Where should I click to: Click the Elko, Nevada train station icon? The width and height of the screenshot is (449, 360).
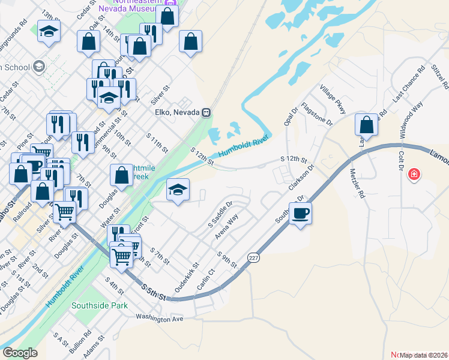[x=206, y=112]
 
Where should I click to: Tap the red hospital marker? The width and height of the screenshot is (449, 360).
[x=414, y=175]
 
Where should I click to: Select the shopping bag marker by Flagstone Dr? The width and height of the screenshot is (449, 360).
[x=366, y=125]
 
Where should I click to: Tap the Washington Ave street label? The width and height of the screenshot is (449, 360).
[x=159, y=319]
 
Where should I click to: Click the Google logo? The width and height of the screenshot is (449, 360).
[x=20, y=353]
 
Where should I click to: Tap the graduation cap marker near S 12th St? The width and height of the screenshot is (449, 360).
[x=178, y=190]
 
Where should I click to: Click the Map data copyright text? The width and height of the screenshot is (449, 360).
[x=423, y=355]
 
